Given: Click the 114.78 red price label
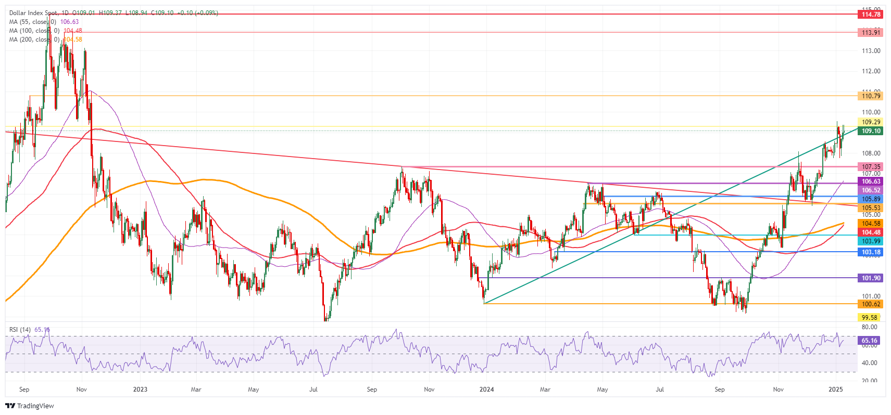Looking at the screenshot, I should pos(870,15).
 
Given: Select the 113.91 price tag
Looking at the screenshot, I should pos(870,32).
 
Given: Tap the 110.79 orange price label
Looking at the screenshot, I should pos(870,96).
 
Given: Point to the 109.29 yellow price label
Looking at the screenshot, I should pos(870,122).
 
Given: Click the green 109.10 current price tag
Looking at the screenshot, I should pos(870,131).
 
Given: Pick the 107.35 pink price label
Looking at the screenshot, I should pos(870,167).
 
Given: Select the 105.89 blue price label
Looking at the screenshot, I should pos(870,199).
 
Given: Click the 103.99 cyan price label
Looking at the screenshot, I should pos(870,241).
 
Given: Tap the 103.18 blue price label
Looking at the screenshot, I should pos(870,252).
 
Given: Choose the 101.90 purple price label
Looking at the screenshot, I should pos(870,278).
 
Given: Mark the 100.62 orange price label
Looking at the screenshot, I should pos(870,304).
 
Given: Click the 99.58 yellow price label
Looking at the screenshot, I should pos(869,317).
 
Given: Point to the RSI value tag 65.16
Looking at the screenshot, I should pos(869,341).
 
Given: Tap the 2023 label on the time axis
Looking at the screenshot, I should pos(140,389).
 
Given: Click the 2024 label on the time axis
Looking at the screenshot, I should pos(486,389).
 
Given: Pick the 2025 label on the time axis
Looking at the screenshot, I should pos(835,389).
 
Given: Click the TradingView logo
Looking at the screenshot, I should pos(30,406).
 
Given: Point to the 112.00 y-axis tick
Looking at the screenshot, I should pos(871,71).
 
